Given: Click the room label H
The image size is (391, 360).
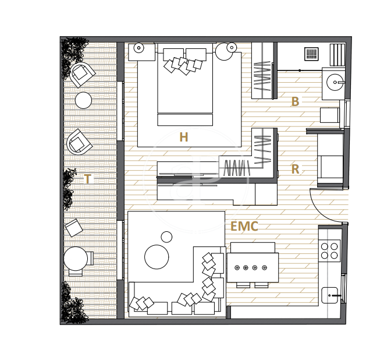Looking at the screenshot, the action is [x=184, y=137].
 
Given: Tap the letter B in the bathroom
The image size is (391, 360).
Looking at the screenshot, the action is [x=295, y=101].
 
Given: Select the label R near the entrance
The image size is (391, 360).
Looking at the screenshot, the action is [x=295, y=169].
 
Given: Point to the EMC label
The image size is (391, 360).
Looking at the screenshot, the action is [x=244, y=226].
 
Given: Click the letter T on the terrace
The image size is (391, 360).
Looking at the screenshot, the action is [x=87, y=179].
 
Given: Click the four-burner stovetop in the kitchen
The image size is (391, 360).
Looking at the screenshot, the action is [x=329, y=250].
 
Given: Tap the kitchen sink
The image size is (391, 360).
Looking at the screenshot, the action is [x=330, y=295].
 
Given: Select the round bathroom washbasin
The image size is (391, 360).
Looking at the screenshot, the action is [x=335, y=82].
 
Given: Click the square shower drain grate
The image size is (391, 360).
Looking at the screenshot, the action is [x=311, y=54].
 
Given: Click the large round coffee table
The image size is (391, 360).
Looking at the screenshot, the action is [x=157, y=257].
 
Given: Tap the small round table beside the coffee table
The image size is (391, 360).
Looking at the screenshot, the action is [x=166, y=237].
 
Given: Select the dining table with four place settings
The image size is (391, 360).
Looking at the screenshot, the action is [x=253, y=268].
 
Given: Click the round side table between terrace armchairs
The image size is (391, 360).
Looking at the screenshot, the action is [x=84, y=100].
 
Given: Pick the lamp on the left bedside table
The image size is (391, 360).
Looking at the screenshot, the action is [x=138, y=48].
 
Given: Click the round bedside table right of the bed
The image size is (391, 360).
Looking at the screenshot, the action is [x=225, y=52].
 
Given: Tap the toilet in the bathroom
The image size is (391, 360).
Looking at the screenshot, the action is [x=330, y=115].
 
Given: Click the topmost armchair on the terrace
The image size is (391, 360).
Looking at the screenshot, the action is [x=81, y=74].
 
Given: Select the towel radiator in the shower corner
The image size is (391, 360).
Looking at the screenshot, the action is [x=337, y=55].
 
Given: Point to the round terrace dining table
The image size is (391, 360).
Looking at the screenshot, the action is [x=76, y=259].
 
